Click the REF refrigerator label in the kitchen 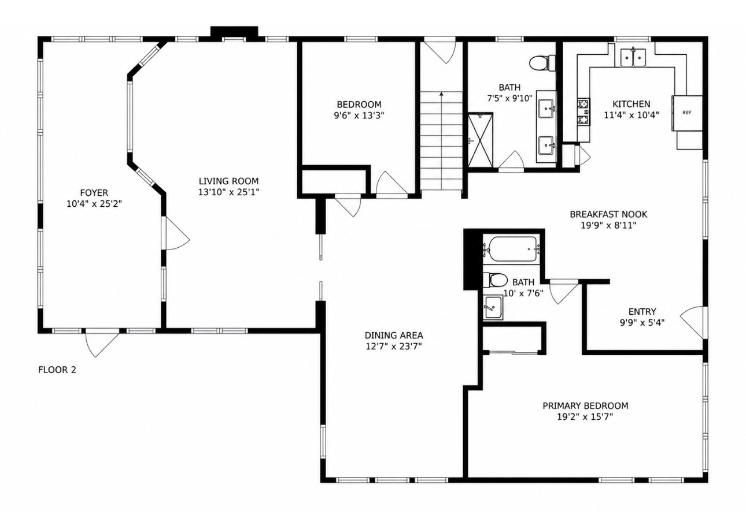click(x=686, y=113)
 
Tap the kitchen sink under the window click(x=633, y=58)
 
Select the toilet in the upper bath click(x=542, y=63)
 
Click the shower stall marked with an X click(x=480, y=140)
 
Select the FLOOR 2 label click(x=57, y=370)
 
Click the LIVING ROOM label click(x=229, y=181)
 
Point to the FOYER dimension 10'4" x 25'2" click(x=94, y=204)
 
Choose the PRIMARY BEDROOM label click(x=585, y=405)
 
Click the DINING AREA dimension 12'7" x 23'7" click(x=394, y=347)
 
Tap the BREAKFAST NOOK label click(x=608, y=214)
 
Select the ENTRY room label click(x=642, y=311)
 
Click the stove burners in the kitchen click(x=583, y=111)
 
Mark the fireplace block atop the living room click(x=234, y=32)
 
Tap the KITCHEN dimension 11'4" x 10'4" click(x=631, y=115)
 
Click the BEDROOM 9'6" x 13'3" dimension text click(x=359, y=116)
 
